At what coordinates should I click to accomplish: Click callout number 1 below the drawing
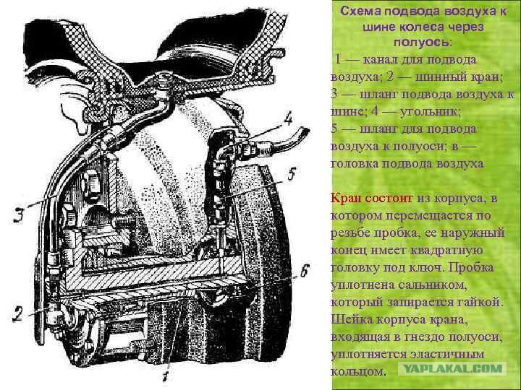[166, 376]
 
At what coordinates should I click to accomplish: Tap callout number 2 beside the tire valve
[17, 313]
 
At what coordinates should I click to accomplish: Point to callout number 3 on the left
[18, 215]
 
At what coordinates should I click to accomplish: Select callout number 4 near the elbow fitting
[288, 119]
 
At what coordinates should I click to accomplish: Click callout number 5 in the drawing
[292, 175]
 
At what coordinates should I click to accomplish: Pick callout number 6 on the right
[305, 271]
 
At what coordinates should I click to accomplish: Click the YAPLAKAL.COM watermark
[452, 369]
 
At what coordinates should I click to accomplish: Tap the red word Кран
[346, 199]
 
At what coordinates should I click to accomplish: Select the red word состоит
[389, 199]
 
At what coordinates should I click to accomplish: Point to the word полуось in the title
[423, 42]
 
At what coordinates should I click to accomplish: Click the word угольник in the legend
[431, 112]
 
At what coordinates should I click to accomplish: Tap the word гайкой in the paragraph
[480, 302]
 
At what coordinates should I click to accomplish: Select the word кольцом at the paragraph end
[357, 371]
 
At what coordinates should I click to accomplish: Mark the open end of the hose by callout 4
[305, 131]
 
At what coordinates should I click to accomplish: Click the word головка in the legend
[354, 164]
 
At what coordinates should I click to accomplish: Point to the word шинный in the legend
[441, 77]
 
